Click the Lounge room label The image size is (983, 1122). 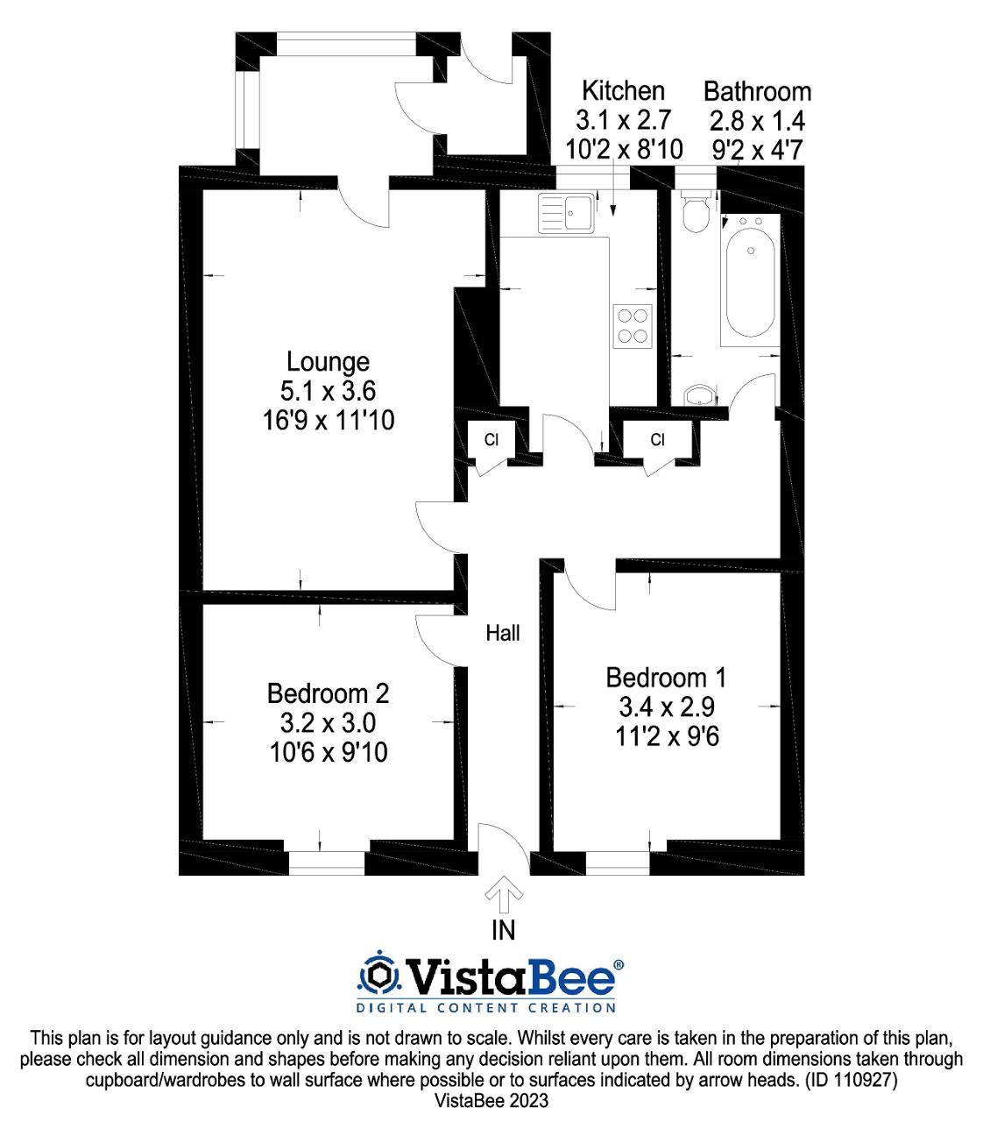[x=328, y=362]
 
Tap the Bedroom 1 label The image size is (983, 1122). [x=665, y=678]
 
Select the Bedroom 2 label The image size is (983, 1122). [x=329, y=693]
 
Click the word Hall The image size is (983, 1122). [x=503, y=633]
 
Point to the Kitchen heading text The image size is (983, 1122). [x=623, y=91]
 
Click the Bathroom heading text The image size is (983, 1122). [x=757, y=91]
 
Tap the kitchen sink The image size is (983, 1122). [x=566, y=212]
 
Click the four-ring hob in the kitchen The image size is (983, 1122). [x=633, y=326]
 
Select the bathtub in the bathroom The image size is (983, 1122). [x=750, y=280]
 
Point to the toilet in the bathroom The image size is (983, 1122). [x=696, y=212]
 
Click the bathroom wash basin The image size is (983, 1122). [x=700, y=396]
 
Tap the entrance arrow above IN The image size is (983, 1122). [x=504, y=895]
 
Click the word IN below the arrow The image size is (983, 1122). [x=503, y=930]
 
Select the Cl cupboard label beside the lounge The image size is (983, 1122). [x=491, y=439]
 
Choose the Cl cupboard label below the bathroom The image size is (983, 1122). [x=658, y=439]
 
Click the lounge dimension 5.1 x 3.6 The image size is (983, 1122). [x=328, y=391]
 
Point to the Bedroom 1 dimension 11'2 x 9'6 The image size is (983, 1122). [x=667, y=736]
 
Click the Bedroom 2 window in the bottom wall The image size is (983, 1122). [x=327, y=863]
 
